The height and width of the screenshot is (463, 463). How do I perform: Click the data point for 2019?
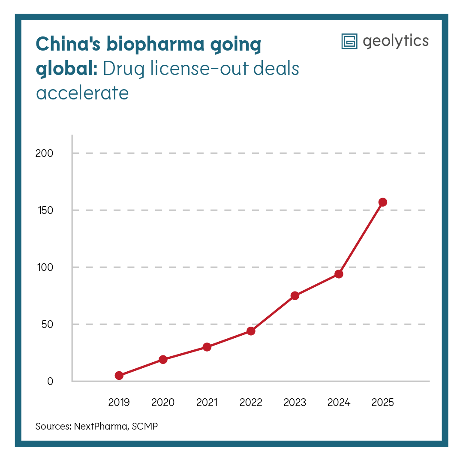[119, 376]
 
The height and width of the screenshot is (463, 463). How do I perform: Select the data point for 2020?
[163, 359]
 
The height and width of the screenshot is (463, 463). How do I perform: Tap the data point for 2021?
[207, 347]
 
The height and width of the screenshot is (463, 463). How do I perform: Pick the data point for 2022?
[251, 331]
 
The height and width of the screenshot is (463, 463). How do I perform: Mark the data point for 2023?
[295, 296]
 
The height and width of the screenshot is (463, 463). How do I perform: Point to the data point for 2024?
[339, 274]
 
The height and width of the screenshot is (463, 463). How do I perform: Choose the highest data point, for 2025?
[383, 202]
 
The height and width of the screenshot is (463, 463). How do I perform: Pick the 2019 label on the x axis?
[119, 403]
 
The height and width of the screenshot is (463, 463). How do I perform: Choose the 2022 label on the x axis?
[251, 403]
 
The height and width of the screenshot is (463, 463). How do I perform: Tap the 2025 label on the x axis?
[383, 403]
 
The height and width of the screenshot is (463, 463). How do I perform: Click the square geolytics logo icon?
[349, 41]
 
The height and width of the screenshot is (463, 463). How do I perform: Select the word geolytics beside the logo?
[395, 41]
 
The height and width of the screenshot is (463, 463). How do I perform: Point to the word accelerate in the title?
[82, 93]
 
